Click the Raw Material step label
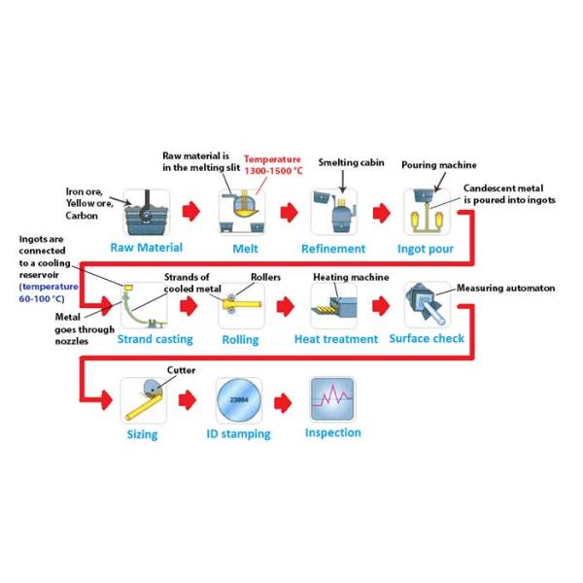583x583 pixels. [146, 247]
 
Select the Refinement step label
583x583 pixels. [332, 247]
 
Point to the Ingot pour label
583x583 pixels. [428, 247]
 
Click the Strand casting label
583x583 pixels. [154, 339]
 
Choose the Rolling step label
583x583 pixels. [240, 339]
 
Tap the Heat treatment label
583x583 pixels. [335, 339]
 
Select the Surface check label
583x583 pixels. [427, 338]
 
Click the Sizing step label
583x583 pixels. [142, 435]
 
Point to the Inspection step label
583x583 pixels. [332, 432]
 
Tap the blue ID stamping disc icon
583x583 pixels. [237, 399]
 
